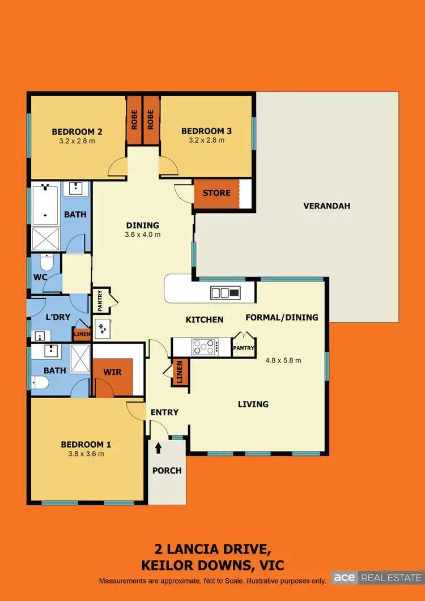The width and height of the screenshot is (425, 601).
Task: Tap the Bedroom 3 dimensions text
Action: pyautogui.click(x=206, y=141)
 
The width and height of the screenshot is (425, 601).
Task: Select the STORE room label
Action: pyautogui.click(x=216, y=193)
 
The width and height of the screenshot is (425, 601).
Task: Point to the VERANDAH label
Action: pyautogui.click(x=326, y=206)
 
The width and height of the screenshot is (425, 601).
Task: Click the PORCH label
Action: pyautogui.click(x=167, y=470)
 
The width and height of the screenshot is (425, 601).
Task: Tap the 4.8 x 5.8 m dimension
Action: pyautogui.click(x=283, y=360)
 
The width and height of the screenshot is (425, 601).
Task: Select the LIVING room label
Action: pyautogui.click(x=253, y=404)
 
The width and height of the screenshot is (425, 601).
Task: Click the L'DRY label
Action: pyautogui.click(x=57, y=317)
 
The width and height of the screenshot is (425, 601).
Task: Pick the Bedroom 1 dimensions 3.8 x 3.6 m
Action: pyautogui.click(x=82, y=454)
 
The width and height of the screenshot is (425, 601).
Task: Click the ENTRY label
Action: pyautogui.click(x=164, y=412)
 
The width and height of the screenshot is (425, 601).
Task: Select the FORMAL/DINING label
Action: pyautogui.click(x=282, y=317)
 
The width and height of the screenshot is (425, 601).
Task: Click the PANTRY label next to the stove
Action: pyautogui.click(x=244, y=348)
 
